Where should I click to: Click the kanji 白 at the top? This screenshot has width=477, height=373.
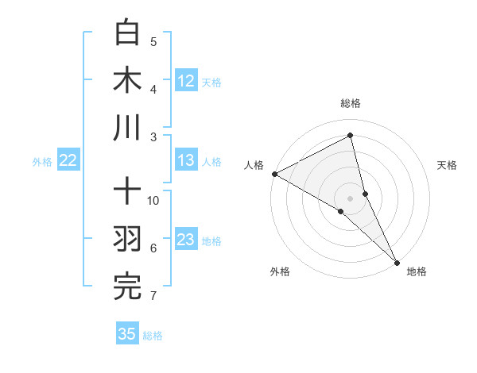(127, 33)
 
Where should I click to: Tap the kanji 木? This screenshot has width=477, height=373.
(127, 80)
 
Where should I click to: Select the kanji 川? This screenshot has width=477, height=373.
(127, 128)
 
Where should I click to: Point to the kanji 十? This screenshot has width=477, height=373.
(127, 192)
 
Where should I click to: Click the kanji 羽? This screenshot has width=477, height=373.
(127, 240)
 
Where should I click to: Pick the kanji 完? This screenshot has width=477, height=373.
(127, 286)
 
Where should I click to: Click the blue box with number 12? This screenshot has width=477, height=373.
(186, 81)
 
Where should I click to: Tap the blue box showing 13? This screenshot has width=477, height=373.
(186, 160)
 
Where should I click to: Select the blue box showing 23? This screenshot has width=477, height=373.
(186, 240)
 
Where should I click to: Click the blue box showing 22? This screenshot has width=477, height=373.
(68, 160)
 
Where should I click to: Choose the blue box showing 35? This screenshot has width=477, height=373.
(127, 334)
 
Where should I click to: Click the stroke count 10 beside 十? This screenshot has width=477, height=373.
(153, 200)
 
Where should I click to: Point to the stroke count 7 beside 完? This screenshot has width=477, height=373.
(153, 296)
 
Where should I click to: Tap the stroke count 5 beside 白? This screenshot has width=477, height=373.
(153, 42)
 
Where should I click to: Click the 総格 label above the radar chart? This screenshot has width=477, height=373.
(351, 103)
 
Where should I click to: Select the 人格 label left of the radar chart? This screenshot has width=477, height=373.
(254, 165)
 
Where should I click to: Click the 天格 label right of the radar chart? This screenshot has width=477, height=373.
(448, 165)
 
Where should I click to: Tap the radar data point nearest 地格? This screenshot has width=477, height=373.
(396, 260)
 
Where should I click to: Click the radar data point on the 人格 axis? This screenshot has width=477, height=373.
(274, 174)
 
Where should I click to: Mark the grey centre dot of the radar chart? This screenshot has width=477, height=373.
(351, 198)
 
